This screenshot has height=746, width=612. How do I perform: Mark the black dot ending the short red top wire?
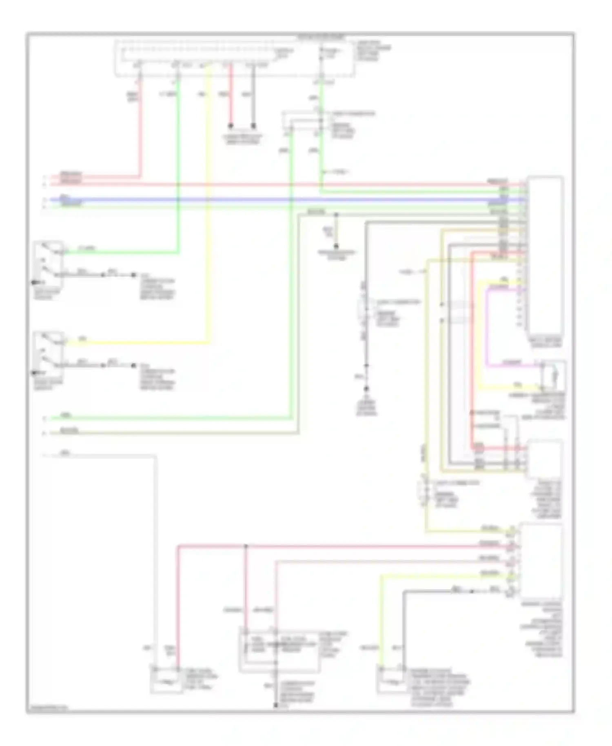tap(231, 125)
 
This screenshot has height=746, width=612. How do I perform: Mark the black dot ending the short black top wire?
tap(253, 125)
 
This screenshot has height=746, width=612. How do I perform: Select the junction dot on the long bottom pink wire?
tap(246, 546)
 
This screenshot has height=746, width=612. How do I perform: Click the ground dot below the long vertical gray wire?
tap(366, 388)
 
